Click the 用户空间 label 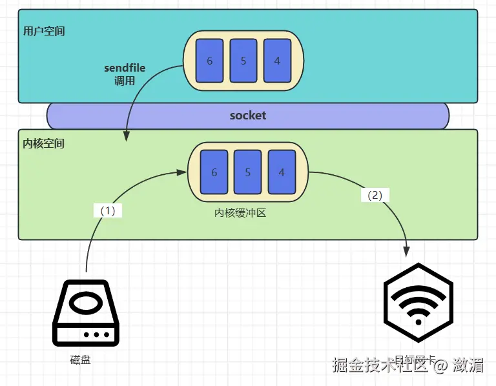click(x=44, y=31)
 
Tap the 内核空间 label click(x=44, y=143)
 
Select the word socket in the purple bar click(x=248, y=116)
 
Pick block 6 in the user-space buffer click(x=209, y=61)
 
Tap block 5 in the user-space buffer click(x=243, y=61)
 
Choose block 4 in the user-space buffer click(x=276, y=61)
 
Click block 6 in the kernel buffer click(x=214, y=172)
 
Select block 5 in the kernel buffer click(x=247, y=172)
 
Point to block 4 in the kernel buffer click(x=281, y=172)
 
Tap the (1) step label click(x=108, y=210)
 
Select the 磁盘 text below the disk click(x=80, y=360)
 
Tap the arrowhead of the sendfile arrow click(x=127, y=136)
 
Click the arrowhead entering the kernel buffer click(x=182, y=172)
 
